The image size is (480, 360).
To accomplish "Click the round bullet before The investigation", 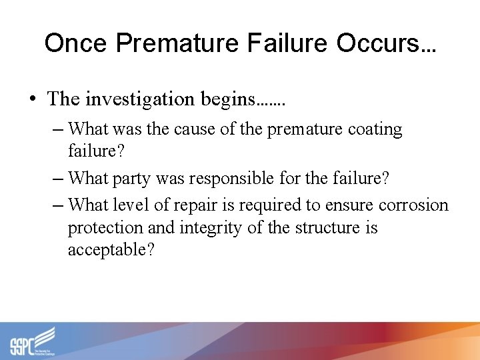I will pos(33,99).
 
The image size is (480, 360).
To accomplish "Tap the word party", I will pos(132,178).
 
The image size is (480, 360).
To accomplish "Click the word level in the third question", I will pos(132,205).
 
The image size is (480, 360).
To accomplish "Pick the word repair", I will pos(195,205).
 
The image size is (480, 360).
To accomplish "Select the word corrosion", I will pos(413,205).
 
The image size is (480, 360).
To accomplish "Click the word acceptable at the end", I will pos(111,251).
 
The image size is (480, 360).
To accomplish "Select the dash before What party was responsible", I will pos(59,178).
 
